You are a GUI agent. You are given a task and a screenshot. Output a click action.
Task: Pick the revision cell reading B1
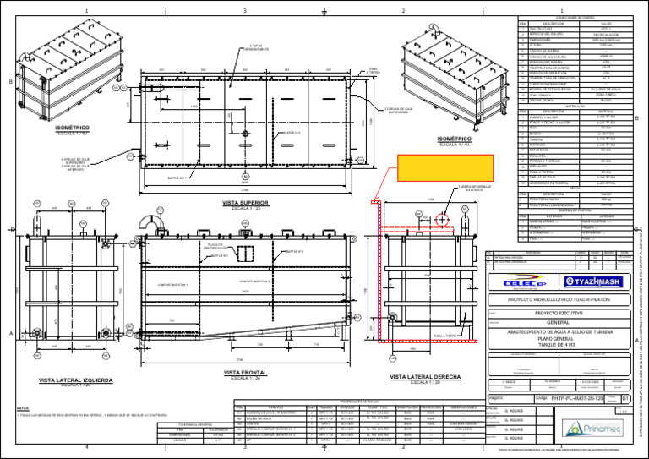[x=625, y=397]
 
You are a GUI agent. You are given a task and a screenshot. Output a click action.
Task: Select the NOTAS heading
[x=23, y=407]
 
